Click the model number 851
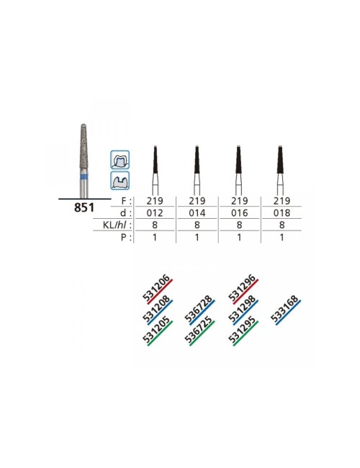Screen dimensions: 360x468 [84, 207]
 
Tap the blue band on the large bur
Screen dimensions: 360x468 [84, 177]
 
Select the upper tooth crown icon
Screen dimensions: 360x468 [120, 160]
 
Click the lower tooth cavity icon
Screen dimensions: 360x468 [120, 180]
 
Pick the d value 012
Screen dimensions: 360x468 [155, 213]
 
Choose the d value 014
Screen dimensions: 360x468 [197, 213]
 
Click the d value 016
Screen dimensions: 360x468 [240, 213]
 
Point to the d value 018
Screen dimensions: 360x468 [282, 213]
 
